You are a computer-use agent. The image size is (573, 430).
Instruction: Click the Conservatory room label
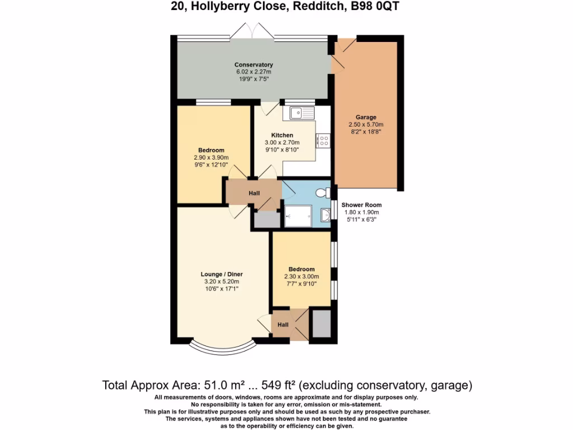click(253, 64)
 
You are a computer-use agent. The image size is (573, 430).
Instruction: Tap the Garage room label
click(365, 117)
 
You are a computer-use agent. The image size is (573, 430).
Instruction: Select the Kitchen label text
click(282, 135)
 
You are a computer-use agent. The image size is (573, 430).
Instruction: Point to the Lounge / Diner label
click(222, 274)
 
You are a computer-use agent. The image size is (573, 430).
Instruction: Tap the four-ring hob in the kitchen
click(323, 140)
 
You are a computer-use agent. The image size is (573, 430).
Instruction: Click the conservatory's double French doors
click(252, 31)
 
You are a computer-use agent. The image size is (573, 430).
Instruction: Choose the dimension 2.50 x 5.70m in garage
click(365, 124)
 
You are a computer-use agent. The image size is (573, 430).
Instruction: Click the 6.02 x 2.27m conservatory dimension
click(253, 72)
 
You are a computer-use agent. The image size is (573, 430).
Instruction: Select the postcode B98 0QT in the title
click(376, 7)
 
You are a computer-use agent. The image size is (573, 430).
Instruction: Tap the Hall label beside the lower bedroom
click(283, 325)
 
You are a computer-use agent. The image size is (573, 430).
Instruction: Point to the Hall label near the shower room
click(254, 193)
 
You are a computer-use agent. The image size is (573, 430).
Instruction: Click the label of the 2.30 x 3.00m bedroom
click(302, 269)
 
